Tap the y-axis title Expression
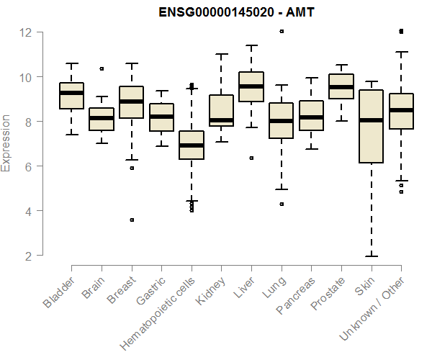click(6, 143)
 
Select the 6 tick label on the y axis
click(26, 166)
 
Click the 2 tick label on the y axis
click(26, 256)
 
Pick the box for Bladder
click(71, 96)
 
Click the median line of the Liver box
click(251, 86)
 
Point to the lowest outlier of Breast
click(131, 220)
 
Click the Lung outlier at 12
click(282, 32)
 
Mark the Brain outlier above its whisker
click(102, 69)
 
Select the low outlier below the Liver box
click(251, 158)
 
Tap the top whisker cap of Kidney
click(222, 55)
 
